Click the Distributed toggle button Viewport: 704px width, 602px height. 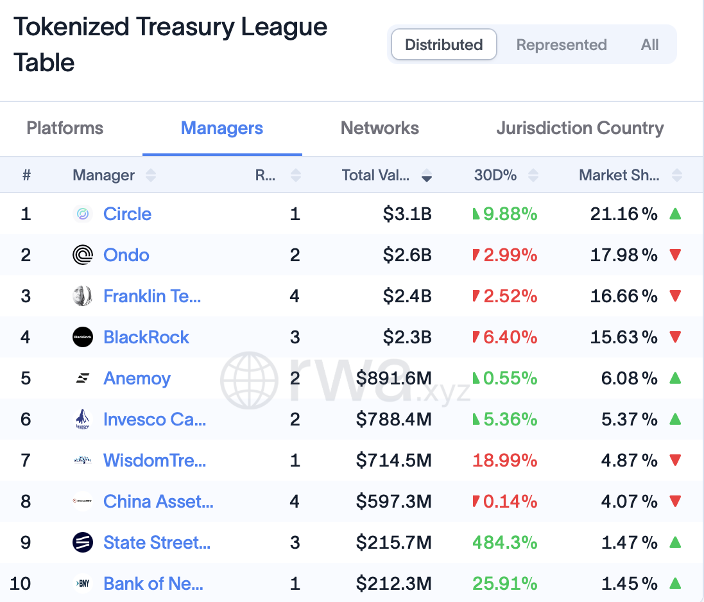(x=443, y=44)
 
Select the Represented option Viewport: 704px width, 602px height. (x=562, y=44)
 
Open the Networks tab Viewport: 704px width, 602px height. (x=380, y=128)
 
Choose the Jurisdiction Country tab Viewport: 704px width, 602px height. (x=580, y=128)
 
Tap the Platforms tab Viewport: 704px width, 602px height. (x=65, y=128)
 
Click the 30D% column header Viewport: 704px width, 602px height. (x=495, y=175)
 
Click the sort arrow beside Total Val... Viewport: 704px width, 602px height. (x=427, y=175)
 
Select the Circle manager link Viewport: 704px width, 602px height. (x=127, y=214)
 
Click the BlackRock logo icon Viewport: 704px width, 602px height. (x=83, y=337)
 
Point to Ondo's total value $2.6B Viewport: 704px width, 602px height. (x=408, y=255)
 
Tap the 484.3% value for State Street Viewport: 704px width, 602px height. (x=504, y=542)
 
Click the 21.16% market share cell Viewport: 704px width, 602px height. (x=624, y=214)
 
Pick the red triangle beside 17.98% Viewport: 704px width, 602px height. (x=675, y=255)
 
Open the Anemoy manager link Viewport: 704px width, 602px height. (x=137, y=379)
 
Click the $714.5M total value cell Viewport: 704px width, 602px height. (x=394, y=460)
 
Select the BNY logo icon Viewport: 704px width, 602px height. (x=83, y=583)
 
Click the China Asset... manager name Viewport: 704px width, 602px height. (x=159, y=501)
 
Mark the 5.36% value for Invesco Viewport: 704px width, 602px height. (x=510, y=419)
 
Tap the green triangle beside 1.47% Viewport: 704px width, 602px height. (x=675, y=542)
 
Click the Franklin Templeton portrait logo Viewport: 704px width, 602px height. (x=83, y=296)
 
